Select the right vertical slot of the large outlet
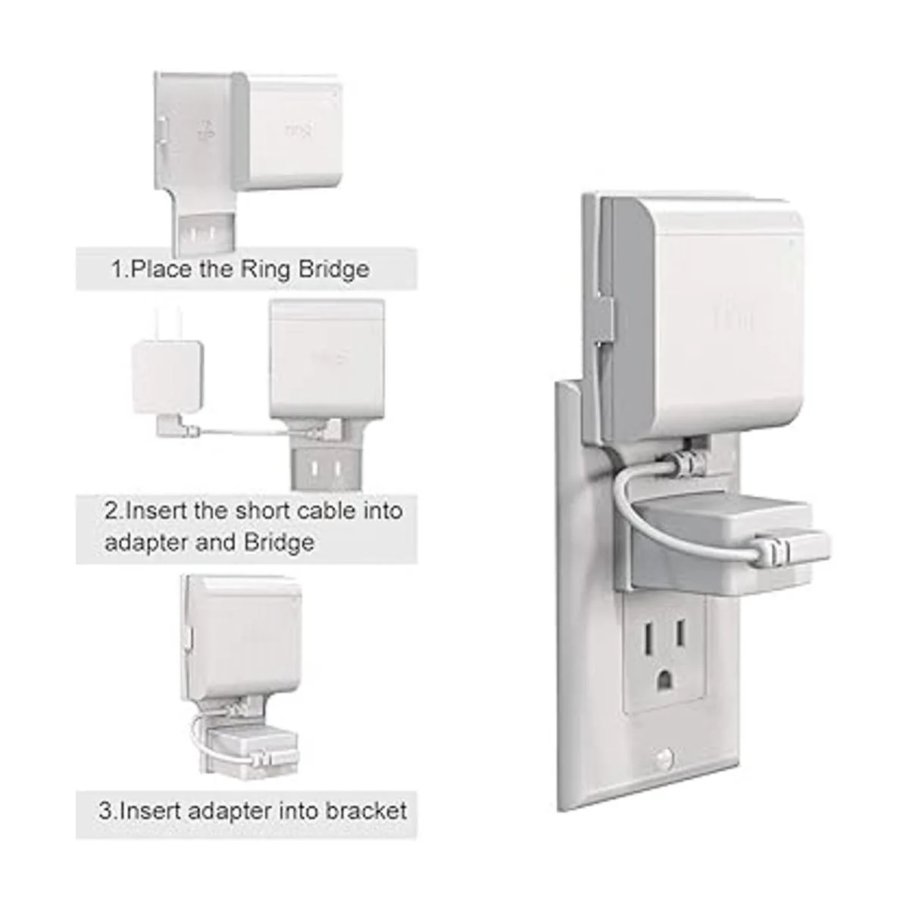click(679, 633)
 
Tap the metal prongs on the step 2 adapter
click(166, 325)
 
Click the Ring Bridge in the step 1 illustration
click(292, 132)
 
